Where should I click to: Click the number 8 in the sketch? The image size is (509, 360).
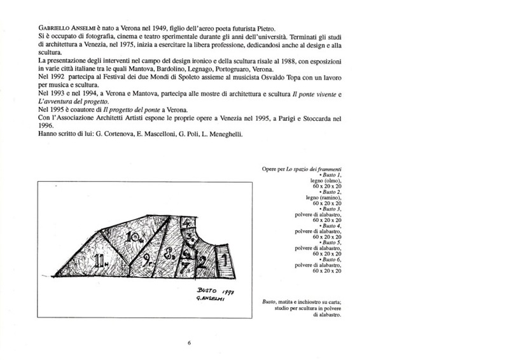pyautogui.click(x=169, y=257)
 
